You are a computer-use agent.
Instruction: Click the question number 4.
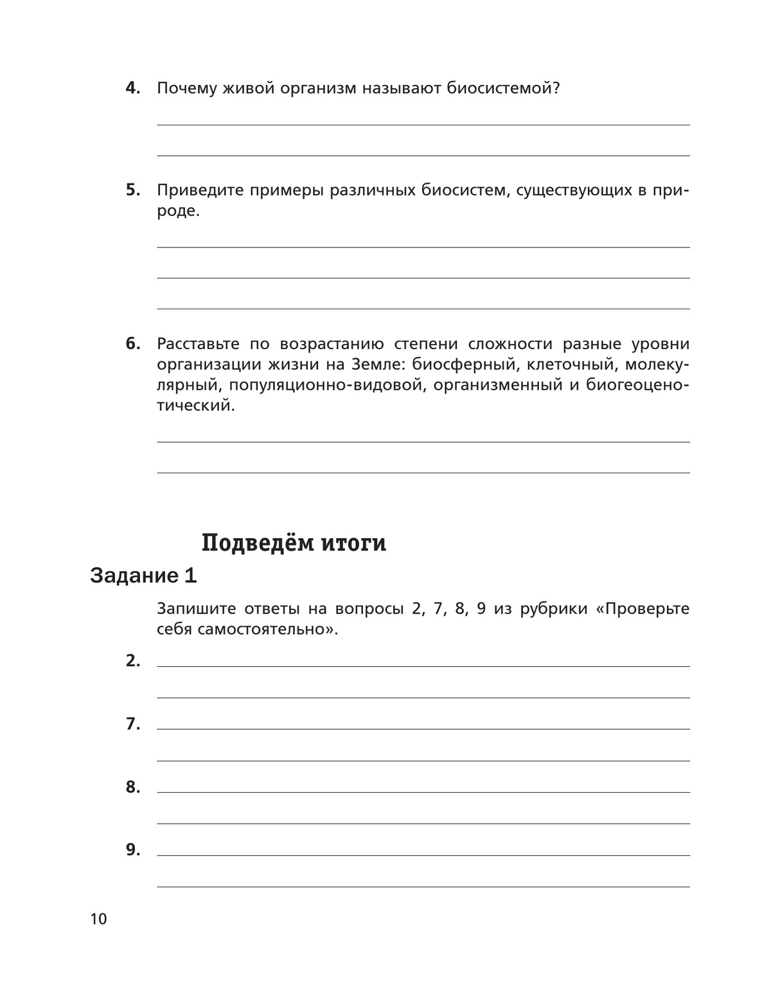pyautogui.click(x=132, y=88)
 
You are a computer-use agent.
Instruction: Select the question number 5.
pyautogui.click(x=132, y=190)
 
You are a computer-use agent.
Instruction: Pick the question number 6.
pyautogui.click(x=132, y=343)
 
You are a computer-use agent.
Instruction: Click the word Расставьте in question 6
pyautogui.click(x=199, y=343)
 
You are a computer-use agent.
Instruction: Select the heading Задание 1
pyautogui.click(x=143, y=575)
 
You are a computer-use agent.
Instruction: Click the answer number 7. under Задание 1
pyautogui.click(x=132, y=724)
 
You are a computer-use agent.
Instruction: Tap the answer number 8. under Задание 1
pyautogui.click(x=132, y=787)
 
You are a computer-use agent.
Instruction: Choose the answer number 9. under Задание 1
pyautogui.click(x=132, y=850)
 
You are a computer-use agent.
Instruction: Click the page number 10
pyautogui.click(x=99, y=919)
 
